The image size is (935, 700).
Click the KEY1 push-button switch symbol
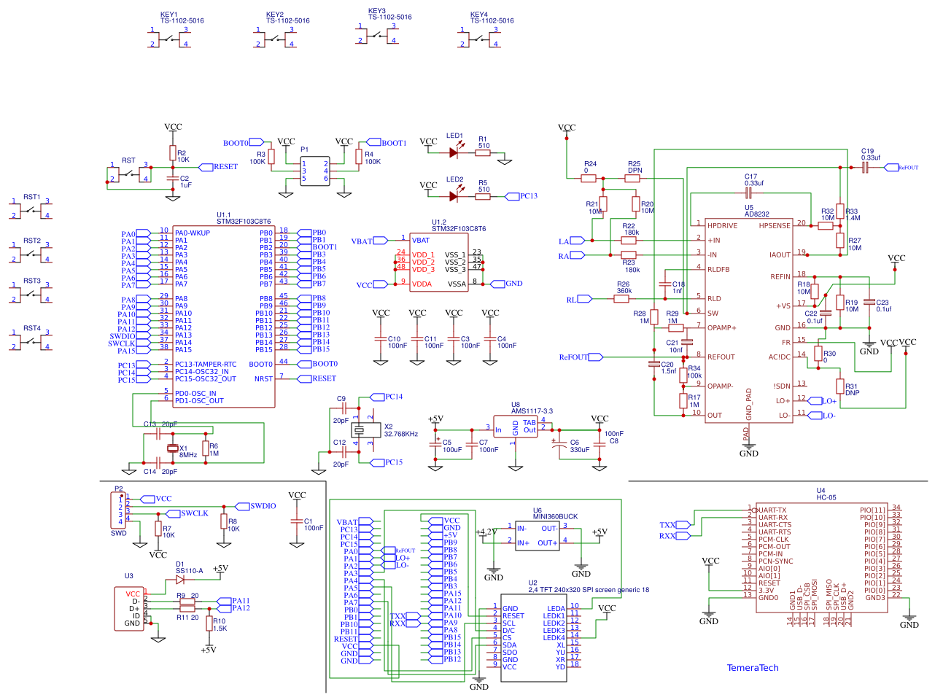169,38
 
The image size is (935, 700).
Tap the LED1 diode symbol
454,152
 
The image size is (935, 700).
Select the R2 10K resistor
173,153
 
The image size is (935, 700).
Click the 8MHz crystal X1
173,448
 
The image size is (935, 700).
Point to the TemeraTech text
753,668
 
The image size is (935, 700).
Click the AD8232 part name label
756,214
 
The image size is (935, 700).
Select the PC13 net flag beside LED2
528,196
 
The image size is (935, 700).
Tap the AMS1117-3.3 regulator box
516,427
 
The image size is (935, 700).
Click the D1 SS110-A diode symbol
179,580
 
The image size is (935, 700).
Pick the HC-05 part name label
826,497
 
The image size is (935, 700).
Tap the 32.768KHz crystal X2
362,429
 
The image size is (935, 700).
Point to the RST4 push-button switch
31,340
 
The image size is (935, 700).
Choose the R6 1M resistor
206,449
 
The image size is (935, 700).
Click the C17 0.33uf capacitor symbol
748,193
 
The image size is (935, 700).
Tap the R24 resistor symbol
589,178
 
